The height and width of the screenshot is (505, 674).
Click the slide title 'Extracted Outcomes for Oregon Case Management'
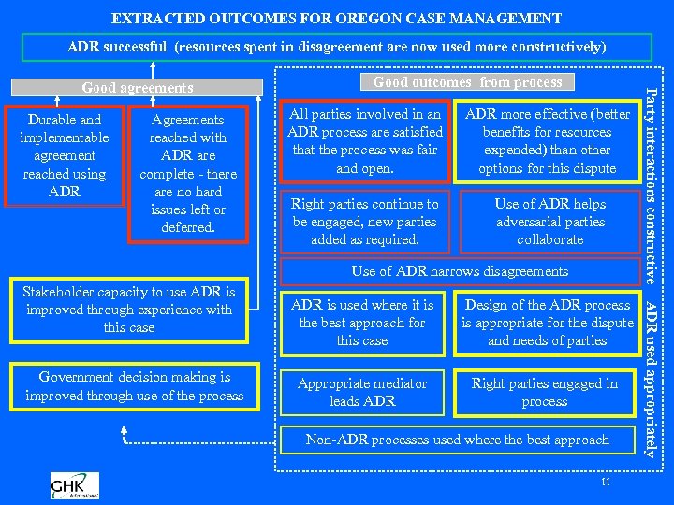pyautogui.click(x=337, y=18)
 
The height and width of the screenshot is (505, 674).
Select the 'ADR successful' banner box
pyautogui.click(x=337, y=47)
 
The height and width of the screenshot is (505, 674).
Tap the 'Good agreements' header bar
pyautogui.click(x=138, y=88)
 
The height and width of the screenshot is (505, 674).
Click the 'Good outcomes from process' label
pyautogui.click(x=467, y=82)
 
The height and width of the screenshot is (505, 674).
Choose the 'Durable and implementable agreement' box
pyautogui.click(x=65, y=155)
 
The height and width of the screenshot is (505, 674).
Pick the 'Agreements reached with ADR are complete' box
pyautogui.click(x=188, y=173)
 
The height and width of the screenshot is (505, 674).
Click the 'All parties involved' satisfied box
pyautogui.click(x=364, y=141)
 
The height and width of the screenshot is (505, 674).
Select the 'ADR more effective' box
pyautogui.click(x=547, y=141)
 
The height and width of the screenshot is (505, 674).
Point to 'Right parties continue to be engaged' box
pyautogui.click(x=364, y=222)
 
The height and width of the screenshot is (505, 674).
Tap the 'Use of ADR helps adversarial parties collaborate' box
pyautogui.click(x=549, y=222)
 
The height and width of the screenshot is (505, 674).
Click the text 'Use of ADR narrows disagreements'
pyautogui.click(x=460, y=271)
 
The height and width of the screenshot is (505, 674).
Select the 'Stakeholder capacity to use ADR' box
pyautogui.click(x=129, y=310)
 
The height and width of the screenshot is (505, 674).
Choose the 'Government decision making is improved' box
pyautogui.click(x=134, y=386)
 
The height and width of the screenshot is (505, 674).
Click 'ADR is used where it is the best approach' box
pyautogui.click(x=362, y=323)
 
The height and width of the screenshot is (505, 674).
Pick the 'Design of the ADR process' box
pyautogui.click(x=547, y=323)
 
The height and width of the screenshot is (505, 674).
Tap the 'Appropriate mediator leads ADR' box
pyautogui.click(x=362, y=392)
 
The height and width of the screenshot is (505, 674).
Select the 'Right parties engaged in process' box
pyautogui.click(x=545, y=392)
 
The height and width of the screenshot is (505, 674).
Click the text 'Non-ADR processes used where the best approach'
pyautogui.click(x=457, y=440)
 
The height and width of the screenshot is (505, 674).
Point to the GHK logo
pyautogui.click(x=75, y=485)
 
